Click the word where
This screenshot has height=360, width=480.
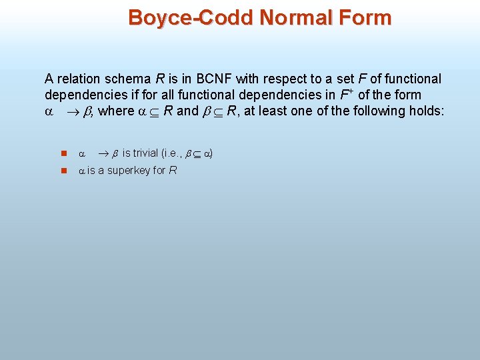tap(116, 111)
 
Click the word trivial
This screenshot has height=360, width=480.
tap(146, 153)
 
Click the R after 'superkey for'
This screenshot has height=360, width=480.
tap(173, 170)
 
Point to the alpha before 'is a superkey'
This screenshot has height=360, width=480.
tap(82, 171)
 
